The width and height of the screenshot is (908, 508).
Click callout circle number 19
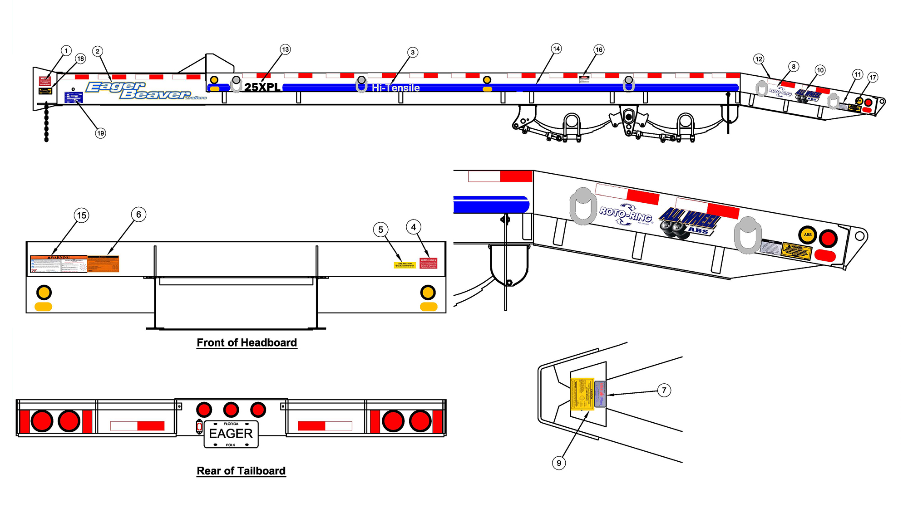pos(100,133)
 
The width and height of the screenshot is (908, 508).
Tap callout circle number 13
pos(285,49)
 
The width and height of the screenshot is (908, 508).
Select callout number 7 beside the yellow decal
pos(664,390)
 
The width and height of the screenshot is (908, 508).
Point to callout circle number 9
pos(559,463)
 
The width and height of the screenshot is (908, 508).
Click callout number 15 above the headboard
pos(82,215)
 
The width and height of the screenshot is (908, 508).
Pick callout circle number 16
pos(599,50)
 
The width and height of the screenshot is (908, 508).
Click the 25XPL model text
pos(262,87)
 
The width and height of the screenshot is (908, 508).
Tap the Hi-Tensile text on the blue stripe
pos(396,88)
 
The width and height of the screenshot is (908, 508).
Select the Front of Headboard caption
pos(247,343)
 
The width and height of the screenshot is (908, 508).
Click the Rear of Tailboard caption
pos(241,471)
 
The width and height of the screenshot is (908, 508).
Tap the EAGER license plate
pos(231,434)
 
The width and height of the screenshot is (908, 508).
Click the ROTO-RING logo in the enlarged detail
pos(626,215)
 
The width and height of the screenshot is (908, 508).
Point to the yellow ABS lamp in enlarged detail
pos(808,235)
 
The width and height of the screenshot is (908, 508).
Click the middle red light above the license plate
pos(231,410)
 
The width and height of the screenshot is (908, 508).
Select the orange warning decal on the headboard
pos(103,264)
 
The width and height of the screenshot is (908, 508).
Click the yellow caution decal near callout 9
pos(582,394)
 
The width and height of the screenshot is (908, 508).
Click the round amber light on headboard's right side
pos(428,293)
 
